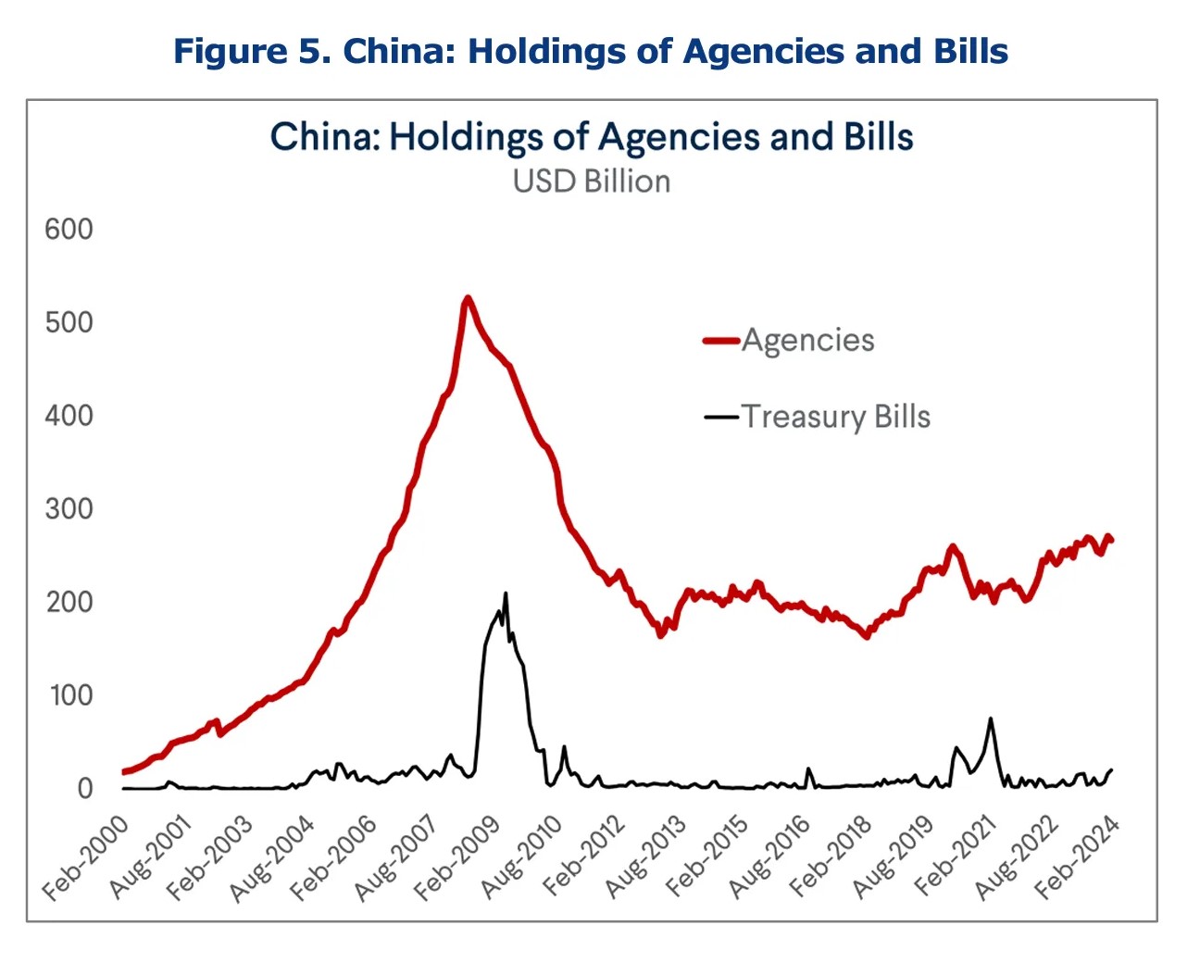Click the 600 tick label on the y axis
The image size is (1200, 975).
pyautogui.click(x=69, y=229)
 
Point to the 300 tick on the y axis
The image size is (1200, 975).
pyautogui.click(x=69, y=508)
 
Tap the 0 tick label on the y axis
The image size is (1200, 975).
pyautogui.click(x=85, y=788)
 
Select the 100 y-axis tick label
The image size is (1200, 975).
pyautogui.click(x=71, y=694)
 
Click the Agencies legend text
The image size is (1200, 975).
pyautogui.click(x=807, y=340)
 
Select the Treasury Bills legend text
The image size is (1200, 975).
pyautogui.click(x=835, y=417)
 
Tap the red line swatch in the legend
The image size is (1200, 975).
pyautogui.click(x=721, y=341)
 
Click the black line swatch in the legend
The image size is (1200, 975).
pyautogui.click(x=721, y=417)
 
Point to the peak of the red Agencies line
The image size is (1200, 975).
pyautogui.click(x=468, y=298)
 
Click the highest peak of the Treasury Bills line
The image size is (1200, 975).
pyautogui.click(x=506, y=594)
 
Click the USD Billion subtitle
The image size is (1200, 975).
pyautogui.click(x=592, y=181)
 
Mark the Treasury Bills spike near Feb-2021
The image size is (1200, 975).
pyautogui.click(x=991, y=719)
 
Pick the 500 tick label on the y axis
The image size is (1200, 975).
pyautogui.click(x=69, y=322)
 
